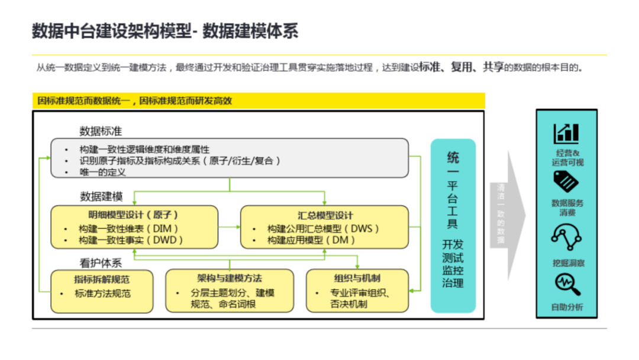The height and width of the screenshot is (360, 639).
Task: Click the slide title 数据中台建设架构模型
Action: coord(112,31)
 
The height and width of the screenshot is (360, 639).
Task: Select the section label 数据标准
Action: coord(101,131)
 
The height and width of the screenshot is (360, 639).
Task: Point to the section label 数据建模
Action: coord(101,197)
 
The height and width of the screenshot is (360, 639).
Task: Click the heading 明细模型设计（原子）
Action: coord(134,215)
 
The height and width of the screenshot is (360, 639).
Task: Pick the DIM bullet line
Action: coord(128,229)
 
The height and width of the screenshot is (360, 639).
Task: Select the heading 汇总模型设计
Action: coord(325,216)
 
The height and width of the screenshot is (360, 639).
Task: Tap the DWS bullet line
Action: coord(323,229)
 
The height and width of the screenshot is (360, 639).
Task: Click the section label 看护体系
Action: coord(101,263)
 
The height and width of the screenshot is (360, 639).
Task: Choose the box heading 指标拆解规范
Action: coord(102,279)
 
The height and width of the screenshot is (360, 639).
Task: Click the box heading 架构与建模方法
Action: coord(230,278)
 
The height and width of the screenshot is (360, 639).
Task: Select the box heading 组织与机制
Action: coord(357,278)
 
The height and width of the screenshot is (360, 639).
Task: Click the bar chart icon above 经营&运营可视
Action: coord(566,134)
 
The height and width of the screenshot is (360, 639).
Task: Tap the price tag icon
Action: coord(566,181)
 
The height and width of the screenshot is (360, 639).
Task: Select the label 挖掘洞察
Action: coord(568,263)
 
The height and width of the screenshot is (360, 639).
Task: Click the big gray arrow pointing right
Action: coord(508,216)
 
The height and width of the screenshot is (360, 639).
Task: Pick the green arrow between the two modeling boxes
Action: coord(230,227)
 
